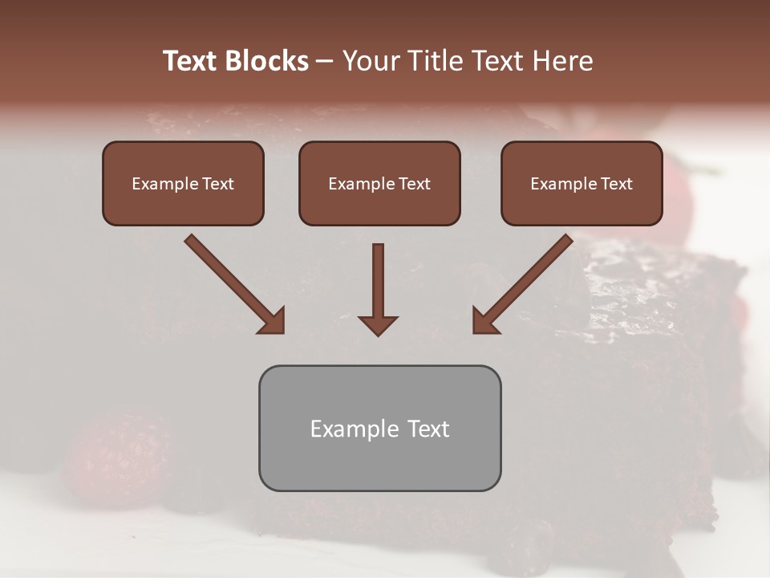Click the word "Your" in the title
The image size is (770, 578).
pos(371,61)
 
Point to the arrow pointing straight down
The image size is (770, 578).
pos(378,281)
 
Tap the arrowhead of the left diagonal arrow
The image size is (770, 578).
pos(273,321)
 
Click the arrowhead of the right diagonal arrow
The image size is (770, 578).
pos(484,321)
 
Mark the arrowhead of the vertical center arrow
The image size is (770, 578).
pos(378,324)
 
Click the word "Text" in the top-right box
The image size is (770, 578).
pos(616,184)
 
